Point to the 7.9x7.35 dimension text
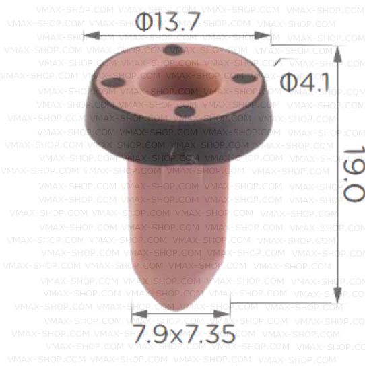coord(183,333)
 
